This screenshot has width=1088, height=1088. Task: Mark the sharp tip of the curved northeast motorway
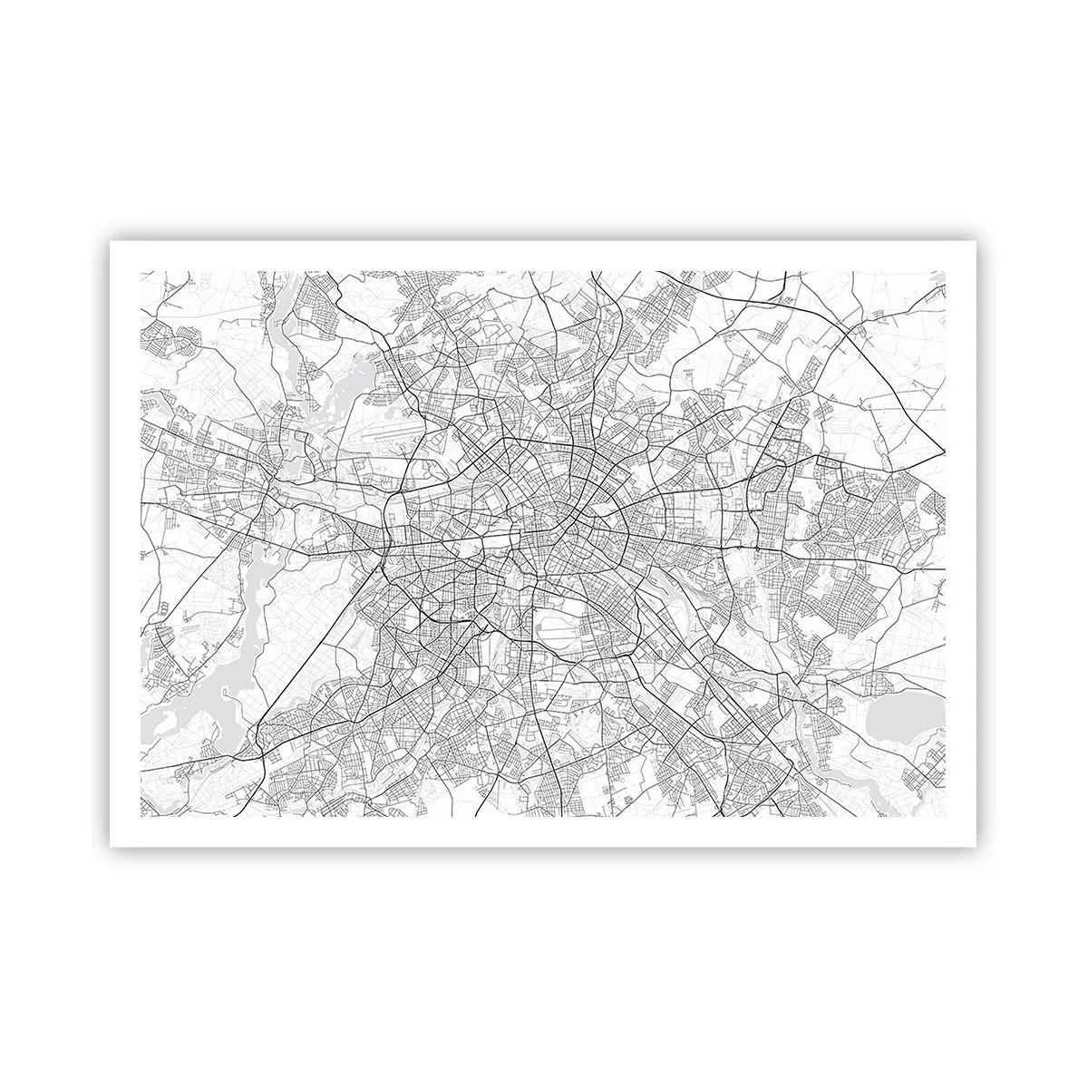[x=942, y=452]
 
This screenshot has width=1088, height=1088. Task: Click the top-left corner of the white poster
[x=111, y=242]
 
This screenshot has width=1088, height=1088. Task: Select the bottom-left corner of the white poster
[x=111, y=846]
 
